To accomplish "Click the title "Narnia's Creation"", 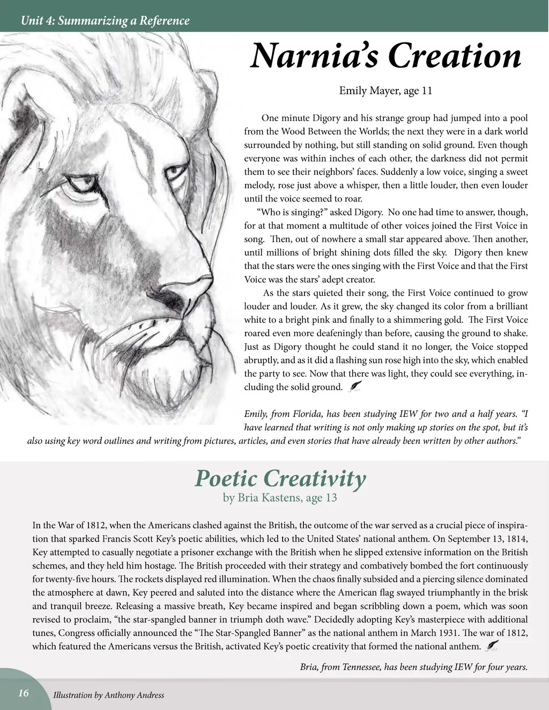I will (x=385, y=57).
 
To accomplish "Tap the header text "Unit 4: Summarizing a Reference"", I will (x=104, y=21).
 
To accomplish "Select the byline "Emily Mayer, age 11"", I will (x=385, y=91).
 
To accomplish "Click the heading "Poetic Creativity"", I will (x=280, y=478).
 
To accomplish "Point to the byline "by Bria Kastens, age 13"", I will (x=280, y=498).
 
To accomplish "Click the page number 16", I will (x=24, y=693).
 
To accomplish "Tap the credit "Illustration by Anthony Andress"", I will (x=109, y=696).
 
